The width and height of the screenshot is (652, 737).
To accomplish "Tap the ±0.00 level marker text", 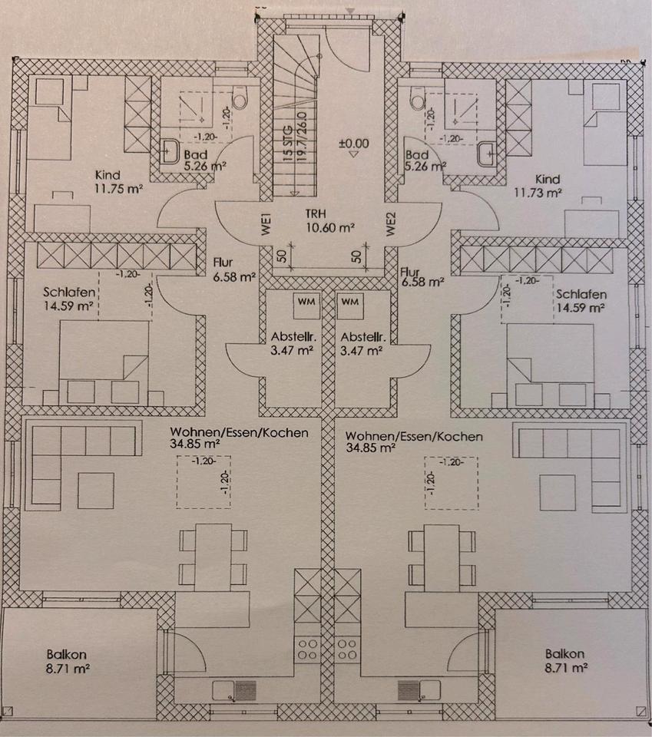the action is point(353,144).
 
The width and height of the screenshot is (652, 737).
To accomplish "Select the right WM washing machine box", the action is point(350,303).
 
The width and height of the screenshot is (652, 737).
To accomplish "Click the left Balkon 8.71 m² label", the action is point(65,661).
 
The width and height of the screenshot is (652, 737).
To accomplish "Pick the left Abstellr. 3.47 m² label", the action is point(292,343).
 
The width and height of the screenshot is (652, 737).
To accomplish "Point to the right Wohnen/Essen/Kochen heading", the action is point(415,436).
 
